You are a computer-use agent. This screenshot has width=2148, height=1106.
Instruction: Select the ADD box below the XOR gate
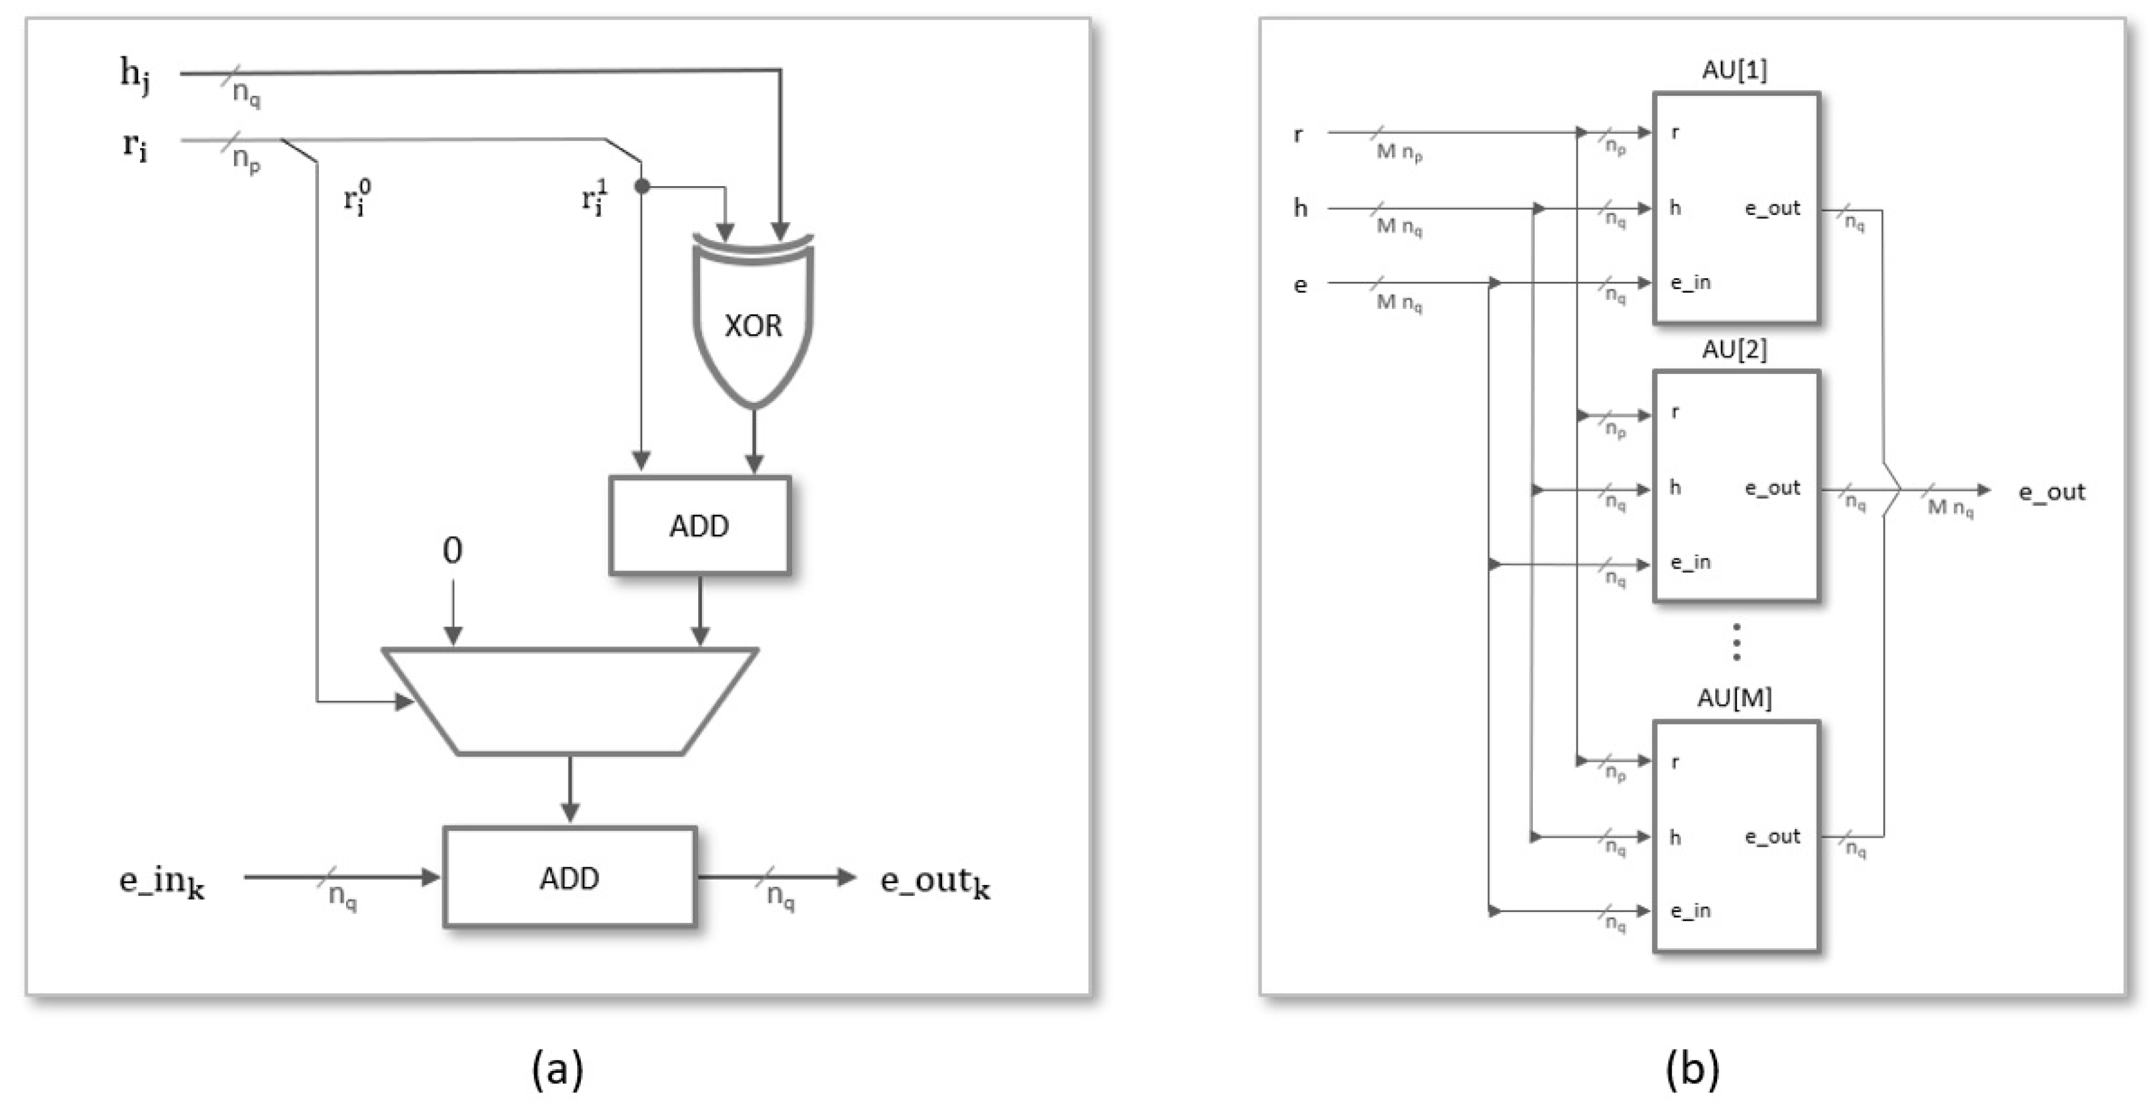click(x=699, y=525)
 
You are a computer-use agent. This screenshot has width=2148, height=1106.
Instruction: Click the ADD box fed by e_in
click(x=570, y=877)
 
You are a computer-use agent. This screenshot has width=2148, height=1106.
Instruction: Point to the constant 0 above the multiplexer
click(x=452, y=550)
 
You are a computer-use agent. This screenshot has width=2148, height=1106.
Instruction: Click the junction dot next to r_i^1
click(x=641, y=187)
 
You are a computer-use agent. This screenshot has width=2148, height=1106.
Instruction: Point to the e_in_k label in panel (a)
click(x=162, y=882)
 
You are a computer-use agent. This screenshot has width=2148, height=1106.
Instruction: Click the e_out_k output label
click(x=935, y=882)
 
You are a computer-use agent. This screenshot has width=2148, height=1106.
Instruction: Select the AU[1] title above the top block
click(x=1734, y=70)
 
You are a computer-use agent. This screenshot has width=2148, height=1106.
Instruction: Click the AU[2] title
click(x=1734, y=349)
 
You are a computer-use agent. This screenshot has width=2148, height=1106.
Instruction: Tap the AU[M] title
click(x=1734, y=698)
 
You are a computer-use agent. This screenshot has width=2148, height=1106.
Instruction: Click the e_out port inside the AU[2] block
click(x=1772, y=488)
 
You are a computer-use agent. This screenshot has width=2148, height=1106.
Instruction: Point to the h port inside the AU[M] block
click(x=1674, y=838)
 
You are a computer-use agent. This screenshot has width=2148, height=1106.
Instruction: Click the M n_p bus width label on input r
click(x=1398, y=152)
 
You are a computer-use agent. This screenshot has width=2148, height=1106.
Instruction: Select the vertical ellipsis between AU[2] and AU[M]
click(x=1736, y=642)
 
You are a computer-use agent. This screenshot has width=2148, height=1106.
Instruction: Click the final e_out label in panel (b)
click(x=2052, y=492)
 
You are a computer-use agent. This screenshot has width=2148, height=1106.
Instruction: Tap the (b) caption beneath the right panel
click(x=1692, y=1068)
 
